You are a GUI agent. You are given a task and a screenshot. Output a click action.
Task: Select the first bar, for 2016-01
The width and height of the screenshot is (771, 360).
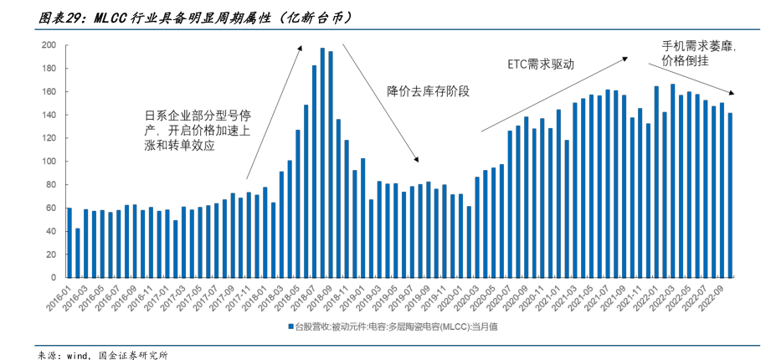tap(69, 243)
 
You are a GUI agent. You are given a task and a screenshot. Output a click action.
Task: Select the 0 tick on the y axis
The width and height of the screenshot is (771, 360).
tap(53, 277)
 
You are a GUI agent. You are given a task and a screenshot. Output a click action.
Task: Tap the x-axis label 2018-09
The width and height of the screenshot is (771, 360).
tap(321, 297)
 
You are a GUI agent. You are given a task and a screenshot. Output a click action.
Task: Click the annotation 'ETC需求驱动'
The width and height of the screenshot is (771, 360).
tap(541, 64)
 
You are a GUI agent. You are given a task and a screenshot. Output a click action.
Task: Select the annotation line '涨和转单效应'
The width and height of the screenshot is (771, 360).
tap(180, 145)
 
